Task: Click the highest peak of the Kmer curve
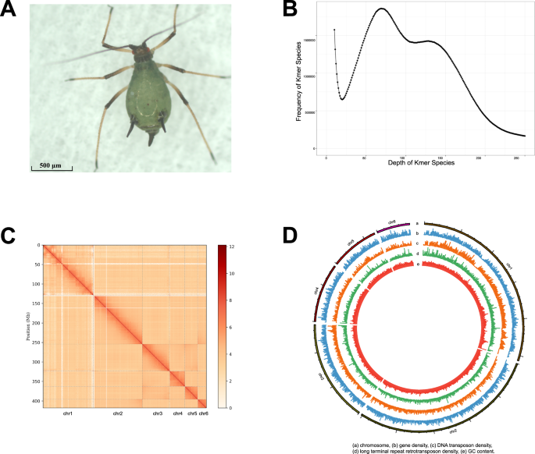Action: point(382,9)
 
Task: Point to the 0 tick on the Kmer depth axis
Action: point(326,157)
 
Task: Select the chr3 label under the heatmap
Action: point(158,413)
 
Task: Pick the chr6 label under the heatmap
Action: point(203,413)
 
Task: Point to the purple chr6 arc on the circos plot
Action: point(393,227)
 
